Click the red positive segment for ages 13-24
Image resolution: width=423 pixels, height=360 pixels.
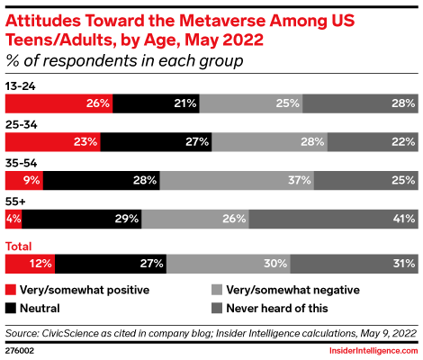(58, 103)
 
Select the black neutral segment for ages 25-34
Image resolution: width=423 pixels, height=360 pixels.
(148, 141)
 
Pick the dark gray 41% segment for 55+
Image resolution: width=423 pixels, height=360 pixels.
(332, 219)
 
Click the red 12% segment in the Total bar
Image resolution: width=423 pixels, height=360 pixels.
(30, 264)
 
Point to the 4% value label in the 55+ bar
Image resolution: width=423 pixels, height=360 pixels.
(13, 219)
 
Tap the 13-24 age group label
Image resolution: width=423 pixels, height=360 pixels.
(19, 85)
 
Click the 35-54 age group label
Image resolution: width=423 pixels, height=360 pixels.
(20, 163)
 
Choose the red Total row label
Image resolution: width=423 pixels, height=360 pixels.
(18, 246)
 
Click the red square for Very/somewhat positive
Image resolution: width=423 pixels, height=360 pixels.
(11, 290)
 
